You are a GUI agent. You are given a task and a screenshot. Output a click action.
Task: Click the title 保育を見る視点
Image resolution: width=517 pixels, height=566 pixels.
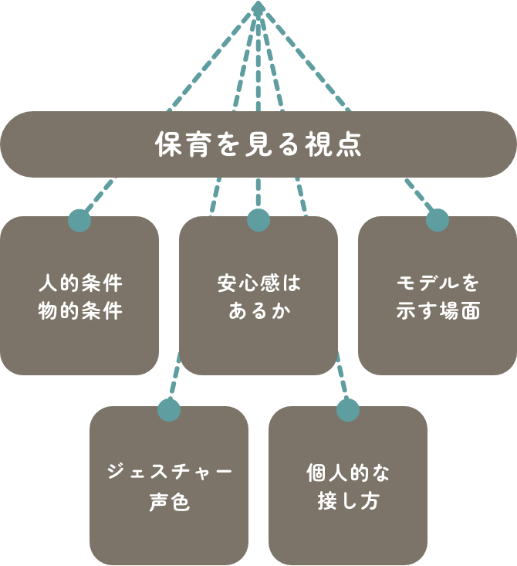click(258, 145)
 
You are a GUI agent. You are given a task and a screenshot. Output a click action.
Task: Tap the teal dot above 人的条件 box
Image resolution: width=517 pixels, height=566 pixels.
click(79, 220)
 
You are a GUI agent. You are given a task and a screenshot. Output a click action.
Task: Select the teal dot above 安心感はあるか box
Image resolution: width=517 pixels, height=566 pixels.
click(258, 220)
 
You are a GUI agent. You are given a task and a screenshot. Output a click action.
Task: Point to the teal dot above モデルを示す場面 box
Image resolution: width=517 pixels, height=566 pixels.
click(438, 220)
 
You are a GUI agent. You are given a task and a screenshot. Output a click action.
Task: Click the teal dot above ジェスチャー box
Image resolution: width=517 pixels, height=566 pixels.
click(168, 410)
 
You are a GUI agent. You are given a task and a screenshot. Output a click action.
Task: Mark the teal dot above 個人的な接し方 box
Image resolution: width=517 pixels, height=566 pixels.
click(348, 410)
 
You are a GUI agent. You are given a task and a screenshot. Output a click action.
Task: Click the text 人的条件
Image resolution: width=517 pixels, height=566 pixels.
click(79, 283)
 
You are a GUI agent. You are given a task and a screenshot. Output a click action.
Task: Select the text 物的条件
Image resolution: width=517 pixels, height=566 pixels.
click(79, 310)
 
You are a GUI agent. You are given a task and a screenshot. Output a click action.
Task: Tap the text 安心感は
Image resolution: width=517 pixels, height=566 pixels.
click(258, 283)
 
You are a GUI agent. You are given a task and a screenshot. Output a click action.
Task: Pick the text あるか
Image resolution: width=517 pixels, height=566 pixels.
click(258, 310)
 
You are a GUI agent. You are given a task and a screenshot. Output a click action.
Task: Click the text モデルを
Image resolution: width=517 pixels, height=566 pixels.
click(438, 283)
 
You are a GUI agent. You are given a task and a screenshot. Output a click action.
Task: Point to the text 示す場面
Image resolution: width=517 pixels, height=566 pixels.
click(438, 310)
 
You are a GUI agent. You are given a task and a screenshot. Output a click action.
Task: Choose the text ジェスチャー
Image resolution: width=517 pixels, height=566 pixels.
click(169, 472)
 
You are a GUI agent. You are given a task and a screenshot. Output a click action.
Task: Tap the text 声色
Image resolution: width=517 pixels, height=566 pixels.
click(169, 502)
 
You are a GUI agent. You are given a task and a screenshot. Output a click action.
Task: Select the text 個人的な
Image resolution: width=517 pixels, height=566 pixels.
click(348, 472)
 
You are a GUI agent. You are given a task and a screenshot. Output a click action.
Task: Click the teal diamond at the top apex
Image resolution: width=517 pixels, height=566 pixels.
click(258, 8)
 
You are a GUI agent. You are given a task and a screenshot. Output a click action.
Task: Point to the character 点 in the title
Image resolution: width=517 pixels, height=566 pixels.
click(349, 145)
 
